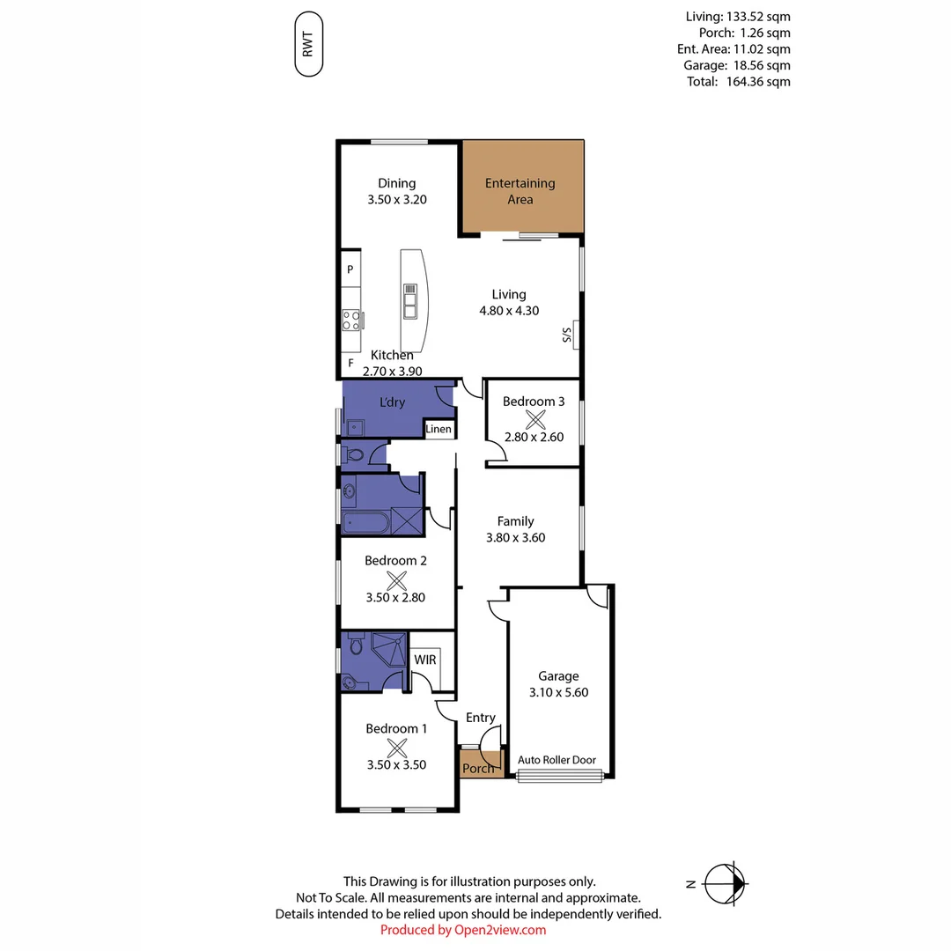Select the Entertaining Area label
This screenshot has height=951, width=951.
[520, 191]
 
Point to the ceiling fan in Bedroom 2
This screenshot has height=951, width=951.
[396, 579]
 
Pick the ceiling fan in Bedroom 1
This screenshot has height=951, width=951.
[396, 748]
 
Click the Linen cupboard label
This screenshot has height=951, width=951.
[439, 430]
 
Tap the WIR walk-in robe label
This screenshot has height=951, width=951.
[425, 660]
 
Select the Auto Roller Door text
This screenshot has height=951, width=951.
[557, 760]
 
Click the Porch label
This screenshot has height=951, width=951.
[478, 769]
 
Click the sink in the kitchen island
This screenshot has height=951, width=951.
[410, 301]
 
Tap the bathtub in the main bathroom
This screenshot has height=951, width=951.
[365, 524]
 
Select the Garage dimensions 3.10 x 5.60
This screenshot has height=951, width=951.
[558, 692]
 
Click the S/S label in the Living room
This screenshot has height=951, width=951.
[568, 335]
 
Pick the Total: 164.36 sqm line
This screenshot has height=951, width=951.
[738, 81]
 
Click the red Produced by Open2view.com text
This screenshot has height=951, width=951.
[463, 930]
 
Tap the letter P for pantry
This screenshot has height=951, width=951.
[350, 269]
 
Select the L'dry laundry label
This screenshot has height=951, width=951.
[392, 402]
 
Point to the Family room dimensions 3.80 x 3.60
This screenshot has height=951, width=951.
[515, 537]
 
